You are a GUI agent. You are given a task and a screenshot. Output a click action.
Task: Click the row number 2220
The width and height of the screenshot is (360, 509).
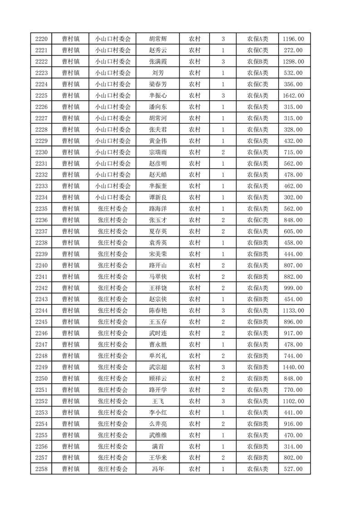coord(41,39)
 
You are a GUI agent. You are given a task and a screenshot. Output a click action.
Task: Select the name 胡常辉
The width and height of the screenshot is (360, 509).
coord(158,39)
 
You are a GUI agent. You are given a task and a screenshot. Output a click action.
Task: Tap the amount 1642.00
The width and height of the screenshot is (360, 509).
coord(294,96)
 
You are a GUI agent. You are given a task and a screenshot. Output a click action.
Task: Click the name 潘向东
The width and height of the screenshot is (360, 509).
coord(158,107)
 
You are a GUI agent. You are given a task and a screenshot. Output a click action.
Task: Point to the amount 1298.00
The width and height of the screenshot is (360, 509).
coord(294,62)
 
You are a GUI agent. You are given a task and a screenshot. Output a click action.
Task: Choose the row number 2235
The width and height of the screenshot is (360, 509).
coord(41,209)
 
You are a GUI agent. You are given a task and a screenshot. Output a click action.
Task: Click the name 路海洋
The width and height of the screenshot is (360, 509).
coord(158,209)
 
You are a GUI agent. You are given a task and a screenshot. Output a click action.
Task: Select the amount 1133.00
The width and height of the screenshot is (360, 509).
coord(294,311)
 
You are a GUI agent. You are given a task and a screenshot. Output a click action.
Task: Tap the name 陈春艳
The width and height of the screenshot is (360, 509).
coord(158,311)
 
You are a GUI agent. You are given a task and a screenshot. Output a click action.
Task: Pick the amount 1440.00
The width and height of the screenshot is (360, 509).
coord(294,367)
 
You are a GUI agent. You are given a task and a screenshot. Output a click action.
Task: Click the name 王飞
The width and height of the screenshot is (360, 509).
coord(158,401)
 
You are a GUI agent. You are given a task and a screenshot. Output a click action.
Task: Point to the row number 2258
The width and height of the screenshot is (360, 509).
coord(41,469)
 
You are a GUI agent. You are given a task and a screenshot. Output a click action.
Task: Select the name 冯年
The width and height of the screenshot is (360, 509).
coord(158,469)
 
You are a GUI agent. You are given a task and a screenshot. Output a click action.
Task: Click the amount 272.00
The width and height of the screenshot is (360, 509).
coord(294,50)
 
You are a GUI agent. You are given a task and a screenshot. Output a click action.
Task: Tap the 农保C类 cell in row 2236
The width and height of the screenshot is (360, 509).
coord(257,220)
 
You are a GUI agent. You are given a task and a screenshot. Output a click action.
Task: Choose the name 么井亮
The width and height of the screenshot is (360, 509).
coord(158,424)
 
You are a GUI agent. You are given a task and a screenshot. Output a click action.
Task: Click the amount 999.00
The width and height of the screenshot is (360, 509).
coord(294,288)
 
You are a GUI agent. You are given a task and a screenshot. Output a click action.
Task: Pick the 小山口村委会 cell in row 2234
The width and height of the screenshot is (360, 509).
coord(113,197)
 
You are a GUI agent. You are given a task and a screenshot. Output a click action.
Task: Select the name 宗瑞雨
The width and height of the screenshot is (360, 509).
coord(158,152)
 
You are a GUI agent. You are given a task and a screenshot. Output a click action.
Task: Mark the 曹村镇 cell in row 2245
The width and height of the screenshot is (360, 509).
coord(71,322)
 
